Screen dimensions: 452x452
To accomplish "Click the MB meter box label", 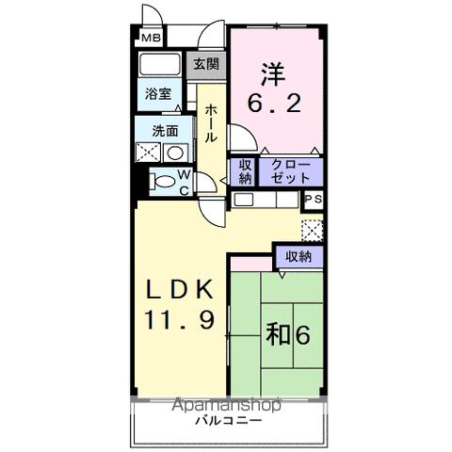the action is tap(152, 38).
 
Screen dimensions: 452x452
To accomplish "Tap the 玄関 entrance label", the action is tap(206, 65).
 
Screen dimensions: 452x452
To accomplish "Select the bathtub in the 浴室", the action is tap(159, 64).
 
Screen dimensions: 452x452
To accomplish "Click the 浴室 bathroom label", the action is tap(158, 94).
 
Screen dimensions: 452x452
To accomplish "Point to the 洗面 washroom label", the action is tap(165, 131).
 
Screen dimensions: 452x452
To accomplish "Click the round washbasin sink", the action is tap(175, 153).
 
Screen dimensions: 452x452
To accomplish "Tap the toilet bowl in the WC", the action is tap(162, 182).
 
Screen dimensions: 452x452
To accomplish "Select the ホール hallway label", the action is tap(211, 124).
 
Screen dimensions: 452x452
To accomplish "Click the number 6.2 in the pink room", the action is tap(275, 104).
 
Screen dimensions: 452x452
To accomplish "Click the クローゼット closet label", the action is tap(290, 171).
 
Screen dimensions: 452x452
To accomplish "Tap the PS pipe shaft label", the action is tap(314, 200).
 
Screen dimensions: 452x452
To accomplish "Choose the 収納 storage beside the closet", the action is tap(246, 172).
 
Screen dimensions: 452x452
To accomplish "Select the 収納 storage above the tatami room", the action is tap(299, 257).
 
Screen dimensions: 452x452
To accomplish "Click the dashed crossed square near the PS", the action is tap(312, 231).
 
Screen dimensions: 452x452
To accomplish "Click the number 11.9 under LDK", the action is tap(180, 319).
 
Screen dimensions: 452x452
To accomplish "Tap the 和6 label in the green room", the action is tap(288, 334).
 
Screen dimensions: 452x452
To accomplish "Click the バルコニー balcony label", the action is tap(228, 421).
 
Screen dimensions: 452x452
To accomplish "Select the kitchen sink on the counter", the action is tap(244, 200).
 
